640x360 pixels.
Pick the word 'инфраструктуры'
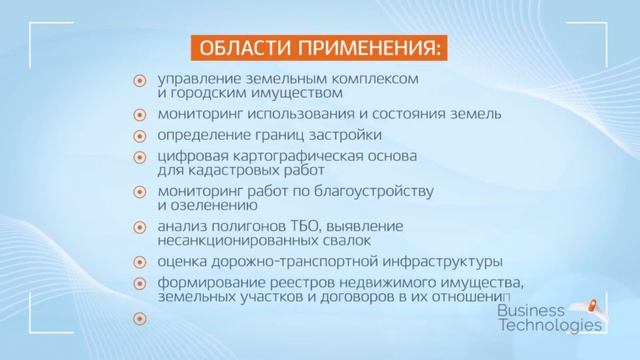pos(438,262)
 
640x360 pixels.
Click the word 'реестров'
pos(299,283)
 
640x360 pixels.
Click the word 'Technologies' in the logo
pos(549,325)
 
